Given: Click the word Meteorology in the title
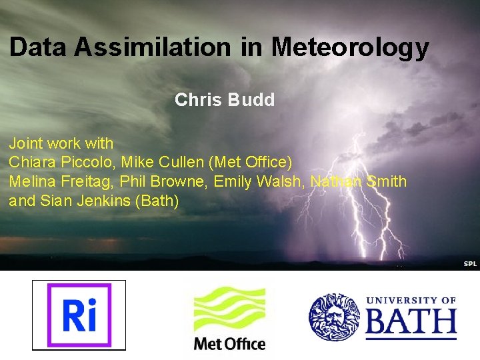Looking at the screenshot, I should coord(350,47).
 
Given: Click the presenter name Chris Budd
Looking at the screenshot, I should coord(224,100).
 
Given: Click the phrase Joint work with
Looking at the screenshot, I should coord(61,143).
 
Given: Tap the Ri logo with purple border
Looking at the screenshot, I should coord(79,315).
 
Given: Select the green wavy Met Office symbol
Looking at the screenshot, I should coord(229,310).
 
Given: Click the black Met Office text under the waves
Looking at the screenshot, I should coord(229,344).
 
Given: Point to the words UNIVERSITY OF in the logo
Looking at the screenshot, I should coord(411,301).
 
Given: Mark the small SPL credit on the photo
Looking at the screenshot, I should coord(471,264).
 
